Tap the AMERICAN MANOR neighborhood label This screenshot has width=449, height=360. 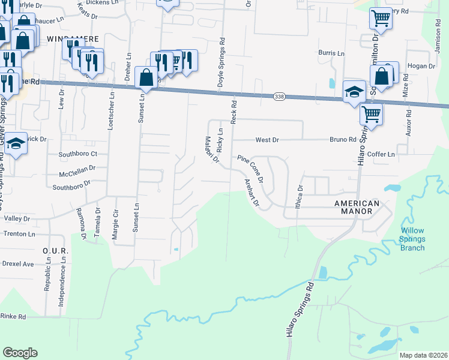[357, 208]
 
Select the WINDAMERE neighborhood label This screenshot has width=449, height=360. [73, 38]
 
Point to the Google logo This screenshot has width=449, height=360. [20, 353]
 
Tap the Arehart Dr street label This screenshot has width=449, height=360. [252, 194]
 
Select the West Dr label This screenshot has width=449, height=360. [267, 140]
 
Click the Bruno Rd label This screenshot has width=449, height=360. [343, 140]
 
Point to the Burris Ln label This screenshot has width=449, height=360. [331, 53]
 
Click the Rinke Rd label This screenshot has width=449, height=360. [13, 316]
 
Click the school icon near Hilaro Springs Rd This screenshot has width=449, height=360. [354, 91]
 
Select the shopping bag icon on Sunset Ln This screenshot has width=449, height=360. [146, 77]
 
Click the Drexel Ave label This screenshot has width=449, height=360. [17, 263]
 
